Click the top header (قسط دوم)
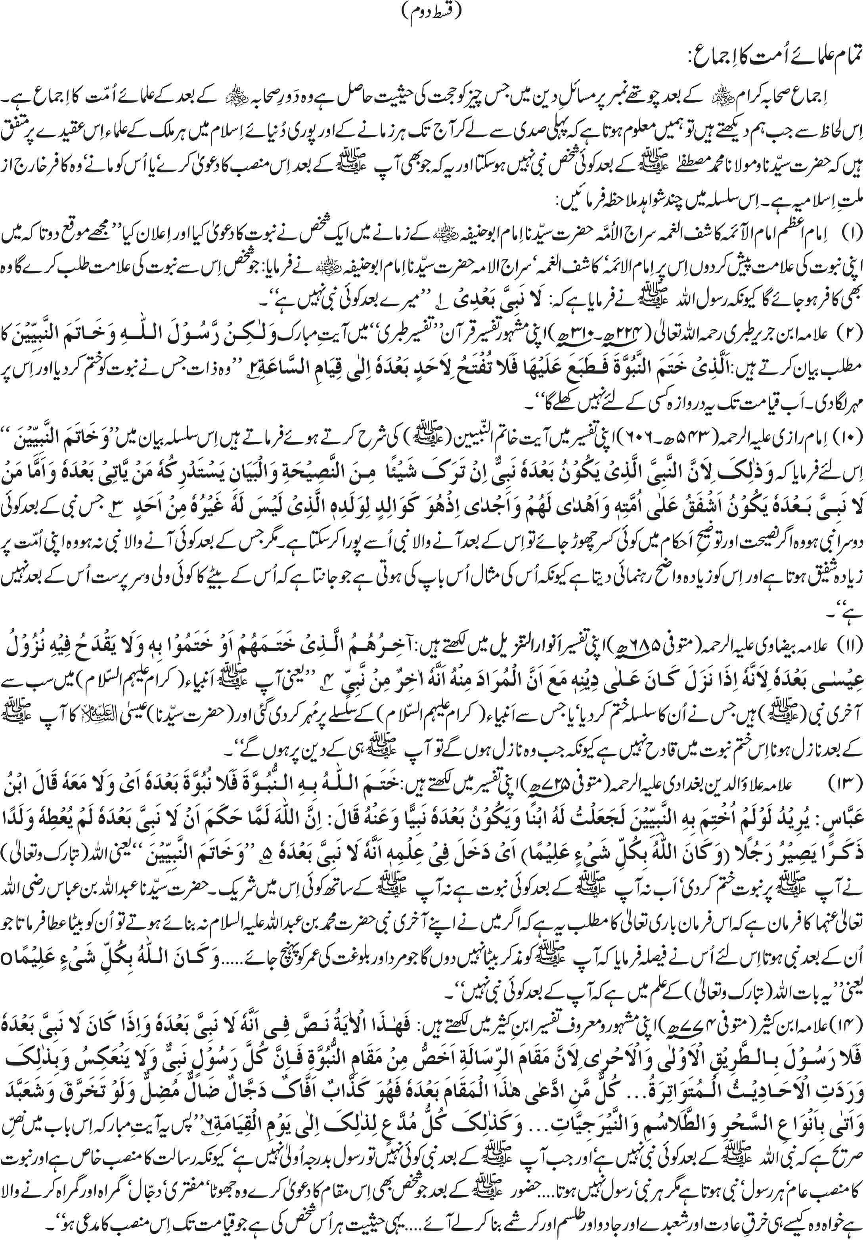pos(434,12)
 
